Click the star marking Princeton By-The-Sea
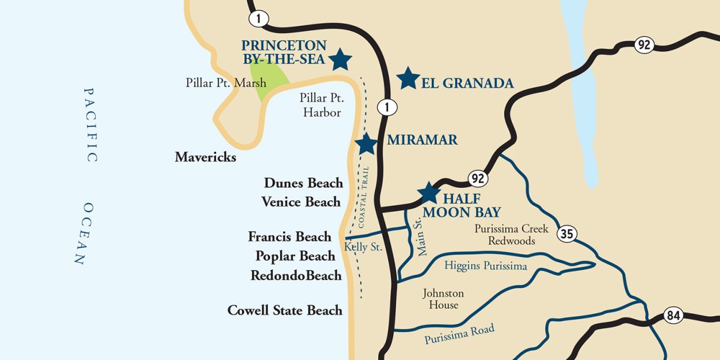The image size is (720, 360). pyautogui.click(x=341, y=59)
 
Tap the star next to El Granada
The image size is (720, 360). pyautogui.click(x=408, y=78)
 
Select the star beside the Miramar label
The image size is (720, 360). pyautogui.click(x=366, y=144)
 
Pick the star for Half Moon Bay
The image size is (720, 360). pyautogui.click(x=429, y=193)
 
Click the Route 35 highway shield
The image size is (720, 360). pyautogui.click(x=567, y=233)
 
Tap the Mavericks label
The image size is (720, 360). pyautogui.click(x=205, y=157)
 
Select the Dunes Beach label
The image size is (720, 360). pyautogui.click(x=304, y=183)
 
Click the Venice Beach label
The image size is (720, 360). pyautogui.click(x=301, y=202)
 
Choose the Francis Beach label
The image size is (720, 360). pyautogui.click(x=289, y=237)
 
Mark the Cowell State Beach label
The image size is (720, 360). pyautogui.click(x=285, y=310)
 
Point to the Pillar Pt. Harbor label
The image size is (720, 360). pyautogui.click(x=321, y=105)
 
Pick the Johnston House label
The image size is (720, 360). pyautogui.click(x=443, y=299)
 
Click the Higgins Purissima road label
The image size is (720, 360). pyautogui.click(x=486, y=266)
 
